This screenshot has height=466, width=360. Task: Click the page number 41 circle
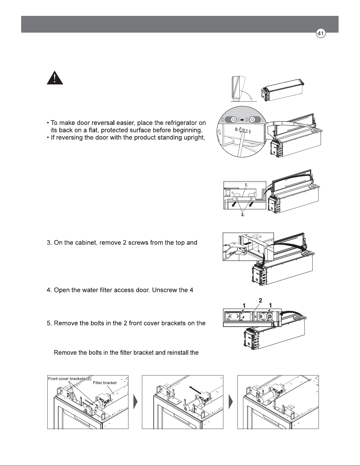(321, 34)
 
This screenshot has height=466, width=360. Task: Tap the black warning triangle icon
(55, 78)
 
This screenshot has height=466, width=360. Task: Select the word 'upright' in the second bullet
(194, 138)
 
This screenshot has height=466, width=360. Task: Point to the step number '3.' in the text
(49, 243)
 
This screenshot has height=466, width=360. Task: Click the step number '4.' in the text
(49, 290)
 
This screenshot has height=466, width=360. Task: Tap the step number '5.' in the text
(49, 323)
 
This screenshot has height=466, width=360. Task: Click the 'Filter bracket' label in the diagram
(105, 383)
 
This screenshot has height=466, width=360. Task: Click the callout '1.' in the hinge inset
(247, 185)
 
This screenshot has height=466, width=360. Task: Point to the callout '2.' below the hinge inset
(243, 215)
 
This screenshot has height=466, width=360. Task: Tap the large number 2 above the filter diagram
(260, 300)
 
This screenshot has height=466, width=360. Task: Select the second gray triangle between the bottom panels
(231, 401)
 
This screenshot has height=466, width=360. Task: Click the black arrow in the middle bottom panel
(195, 390)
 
